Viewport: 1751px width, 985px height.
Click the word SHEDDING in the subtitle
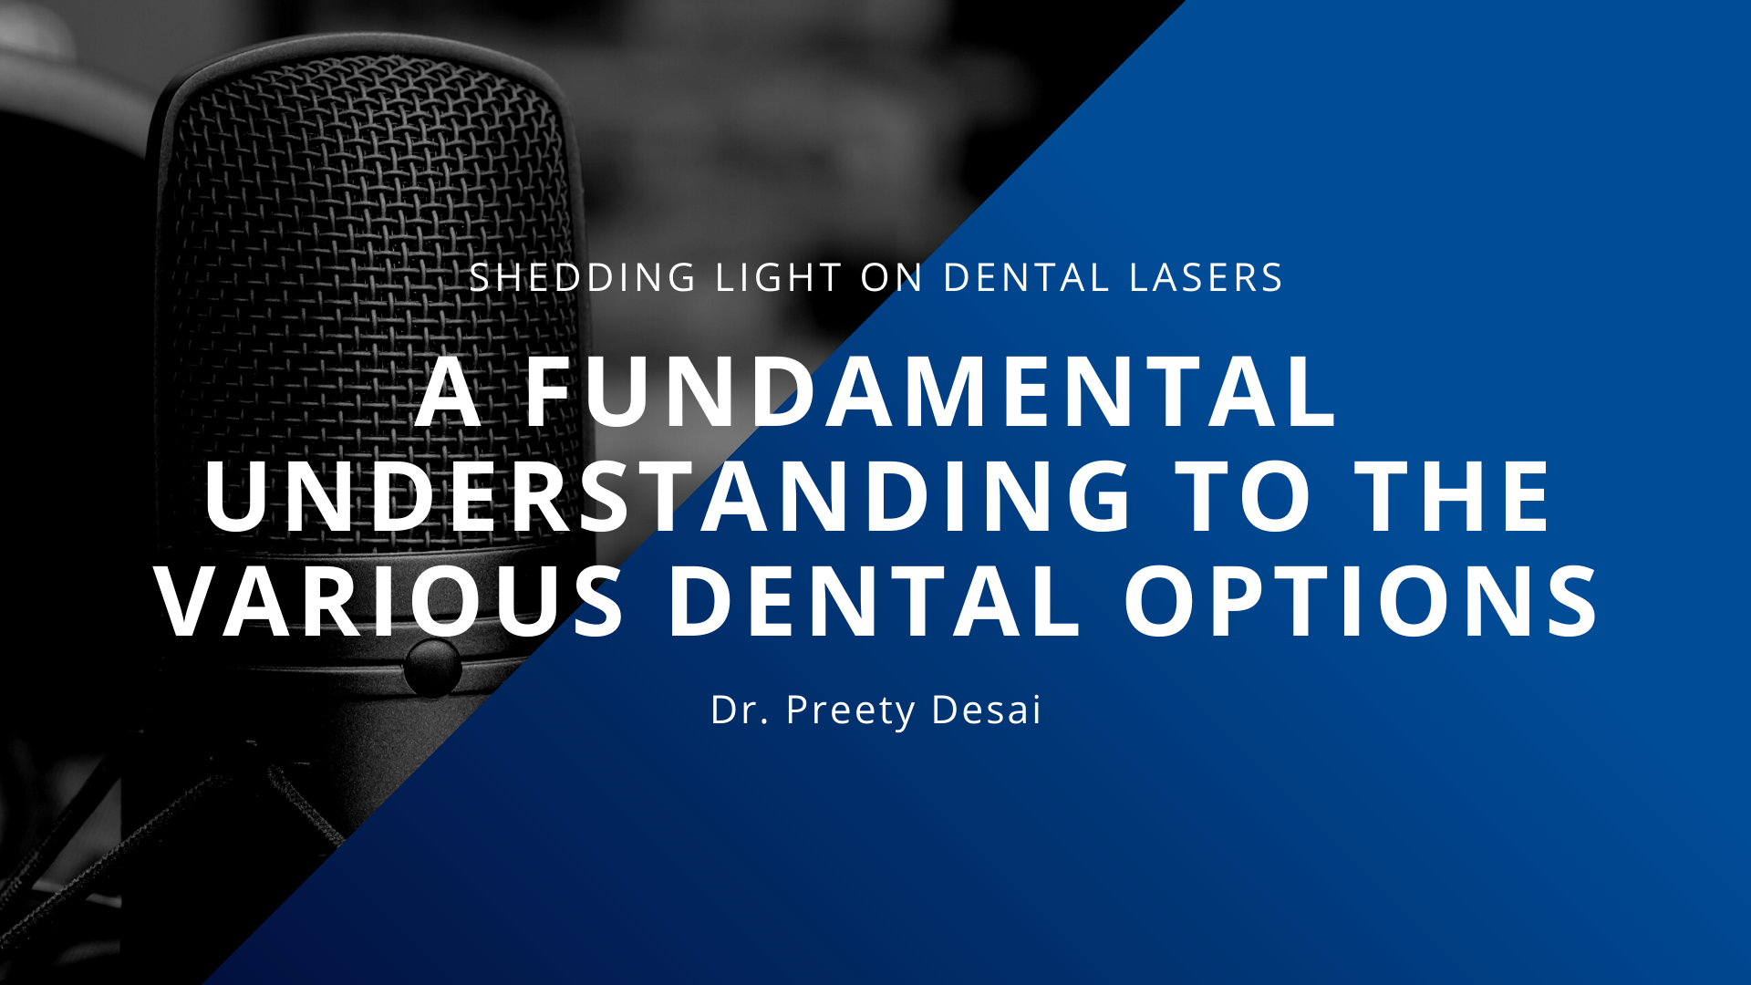click(x=583, y=277)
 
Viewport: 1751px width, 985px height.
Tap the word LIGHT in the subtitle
click(x=779, y=277)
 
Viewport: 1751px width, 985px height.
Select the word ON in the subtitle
click(x=892, y=277)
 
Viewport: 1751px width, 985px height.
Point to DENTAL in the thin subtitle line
click(x=1026, y=277)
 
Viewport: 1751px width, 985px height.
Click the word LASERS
click(x=1206, y=277)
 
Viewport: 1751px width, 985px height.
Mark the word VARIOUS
click(x=390, y=601)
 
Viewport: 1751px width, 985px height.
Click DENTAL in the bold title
click(x=875, y=601)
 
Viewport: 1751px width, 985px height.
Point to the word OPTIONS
click(x=1361, y=601)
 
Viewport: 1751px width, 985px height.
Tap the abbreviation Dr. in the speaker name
click(x=739, y=710)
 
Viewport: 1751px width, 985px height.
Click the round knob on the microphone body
click(x=432, y=668)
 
